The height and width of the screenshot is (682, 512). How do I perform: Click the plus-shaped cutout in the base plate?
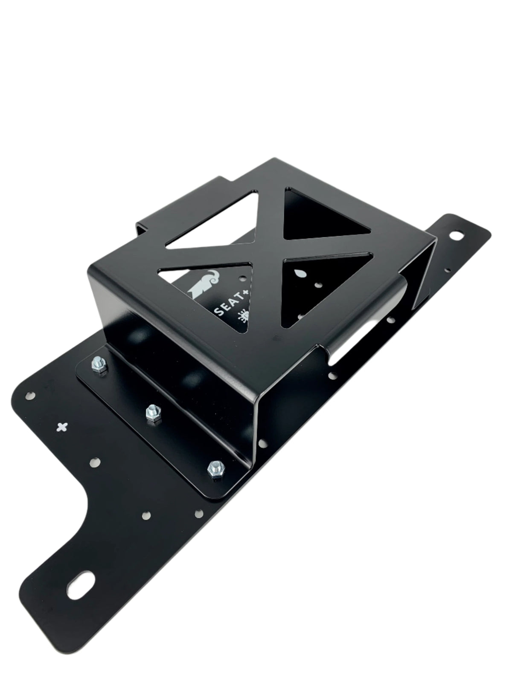(62, 427)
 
